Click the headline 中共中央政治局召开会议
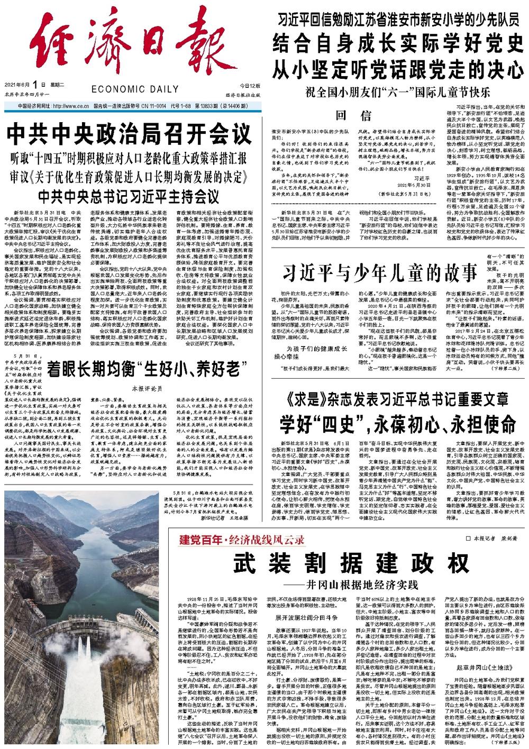[x=129, y=134]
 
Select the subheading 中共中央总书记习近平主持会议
[x=129, y=196]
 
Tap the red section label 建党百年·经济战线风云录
[x=242, y=540]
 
